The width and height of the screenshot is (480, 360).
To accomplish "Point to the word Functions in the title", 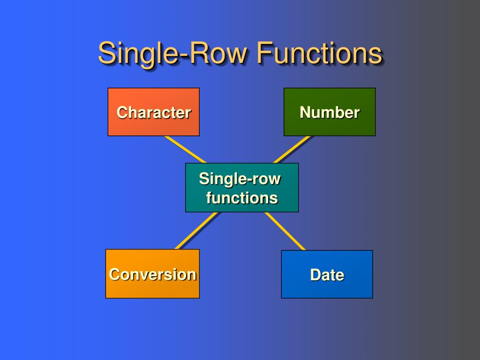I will click(319, 53).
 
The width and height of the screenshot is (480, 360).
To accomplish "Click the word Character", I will click(154, 112).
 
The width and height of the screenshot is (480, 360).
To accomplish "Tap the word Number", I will click(330, 112).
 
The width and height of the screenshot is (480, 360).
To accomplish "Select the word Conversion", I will click(152, 274).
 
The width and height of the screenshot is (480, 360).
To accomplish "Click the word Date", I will click(327, 275).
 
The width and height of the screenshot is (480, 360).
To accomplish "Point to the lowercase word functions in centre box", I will click(242, 198).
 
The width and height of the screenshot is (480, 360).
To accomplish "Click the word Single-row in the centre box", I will click(240, 179).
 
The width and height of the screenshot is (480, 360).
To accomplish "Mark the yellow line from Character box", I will click(185, 150).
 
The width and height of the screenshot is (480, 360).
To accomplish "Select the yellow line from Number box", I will click(292, 150).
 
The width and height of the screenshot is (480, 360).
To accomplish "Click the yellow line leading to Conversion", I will click(196, 231).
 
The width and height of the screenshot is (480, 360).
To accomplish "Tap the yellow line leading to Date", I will click(285, 231).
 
